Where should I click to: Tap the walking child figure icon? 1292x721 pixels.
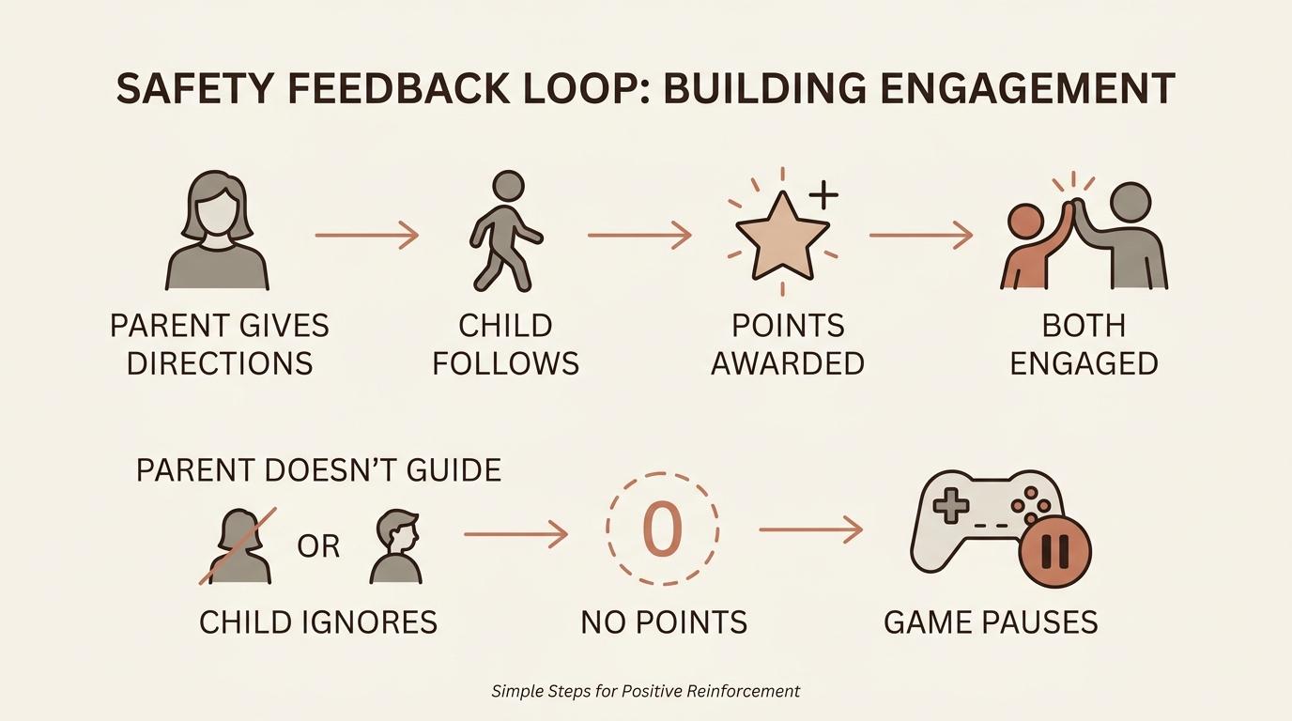click(505, 232)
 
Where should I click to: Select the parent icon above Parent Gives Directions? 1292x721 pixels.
click(218, 230)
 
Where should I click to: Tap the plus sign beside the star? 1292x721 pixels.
click(823, 195)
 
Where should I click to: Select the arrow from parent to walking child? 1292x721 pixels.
click(366, 235)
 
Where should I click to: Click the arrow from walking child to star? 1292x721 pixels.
click(639, 235)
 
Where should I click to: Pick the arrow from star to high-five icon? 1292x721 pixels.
click(921, 235)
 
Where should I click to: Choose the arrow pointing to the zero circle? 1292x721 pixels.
click(515, 534)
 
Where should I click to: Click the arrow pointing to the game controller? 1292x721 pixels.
click(810, 530)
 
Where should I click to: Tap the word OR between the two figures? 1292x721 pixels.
click(318, 546)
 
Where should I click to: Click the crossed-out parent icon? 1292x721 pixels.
click(239, 545)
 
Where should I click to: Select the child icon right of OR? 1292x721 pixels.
click(395, 545)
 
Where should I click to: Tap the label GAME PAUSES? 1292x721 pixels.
click(991, 621)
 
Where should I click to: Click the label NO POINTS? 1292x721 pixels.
click(664, 621)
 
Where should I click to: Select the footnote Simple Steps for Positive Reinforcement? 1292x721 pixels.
click(646, 691)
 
